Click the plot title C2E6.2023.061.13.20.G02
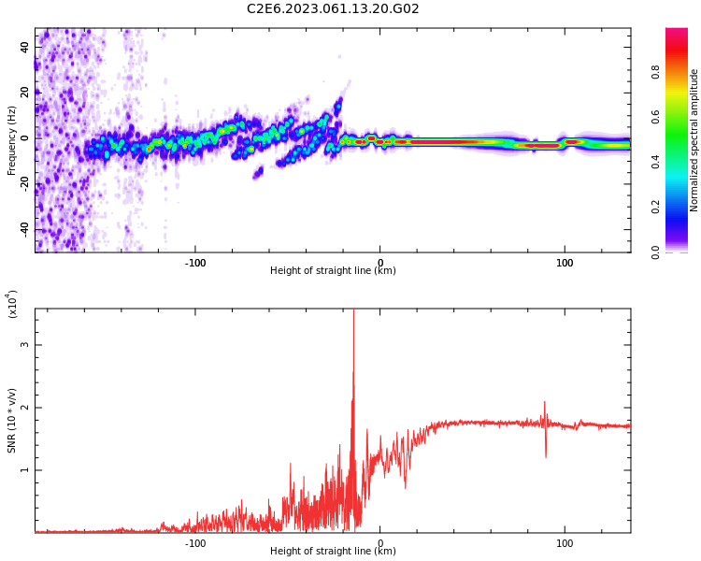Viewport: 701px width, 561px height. pyautogui.click(x=333, y=9)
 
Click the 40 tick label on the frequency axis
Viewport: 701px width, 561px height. pyautogui.click(x=25, y=46)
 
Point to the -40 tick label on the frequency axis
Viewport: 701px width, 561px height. pyautogui.click(x=23, y=229)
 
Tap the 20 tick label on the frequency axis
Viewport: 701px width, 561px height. pyautogui.click(x=25, y=92)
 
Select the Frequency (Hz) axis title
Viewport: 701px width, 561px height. pyautogui.click(x=12, y=140)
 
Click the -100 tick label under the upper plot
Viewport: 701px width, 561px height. pyautogui.click(x=194, y=263)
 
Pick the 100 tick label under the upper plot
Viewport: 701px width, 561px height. pyautogui.click(x=565, y=263)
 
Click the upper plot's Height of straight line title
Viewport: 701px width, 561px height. pyautogui.click(x=333, y=271)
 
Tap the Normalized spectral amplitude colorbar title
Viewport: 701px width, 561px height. pyautogui.click(x=694, y=140)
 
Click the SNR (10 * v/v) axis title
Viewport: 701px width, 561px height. pyautogui.click(x=12, y=421)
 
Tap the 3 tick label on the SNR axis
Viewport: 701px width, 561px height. pyautogui.click(x=25, y=345)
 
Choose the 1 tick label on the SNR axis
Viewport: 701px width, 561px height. pyautogui.click(x=25, y=470)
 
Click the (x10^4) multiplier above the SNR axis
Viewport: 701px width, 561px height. pyautogui.click(x=12, y=304)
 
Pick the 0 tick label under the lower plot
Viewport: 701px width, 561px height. pyautogui.click(x=379, y=543)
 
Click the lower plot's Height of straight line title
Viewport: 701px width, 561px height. pyautogui.click(x=333, y=552)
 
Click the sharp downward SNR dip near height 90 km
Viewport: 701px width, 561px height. pyautogui.click(x=546, y=455)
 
